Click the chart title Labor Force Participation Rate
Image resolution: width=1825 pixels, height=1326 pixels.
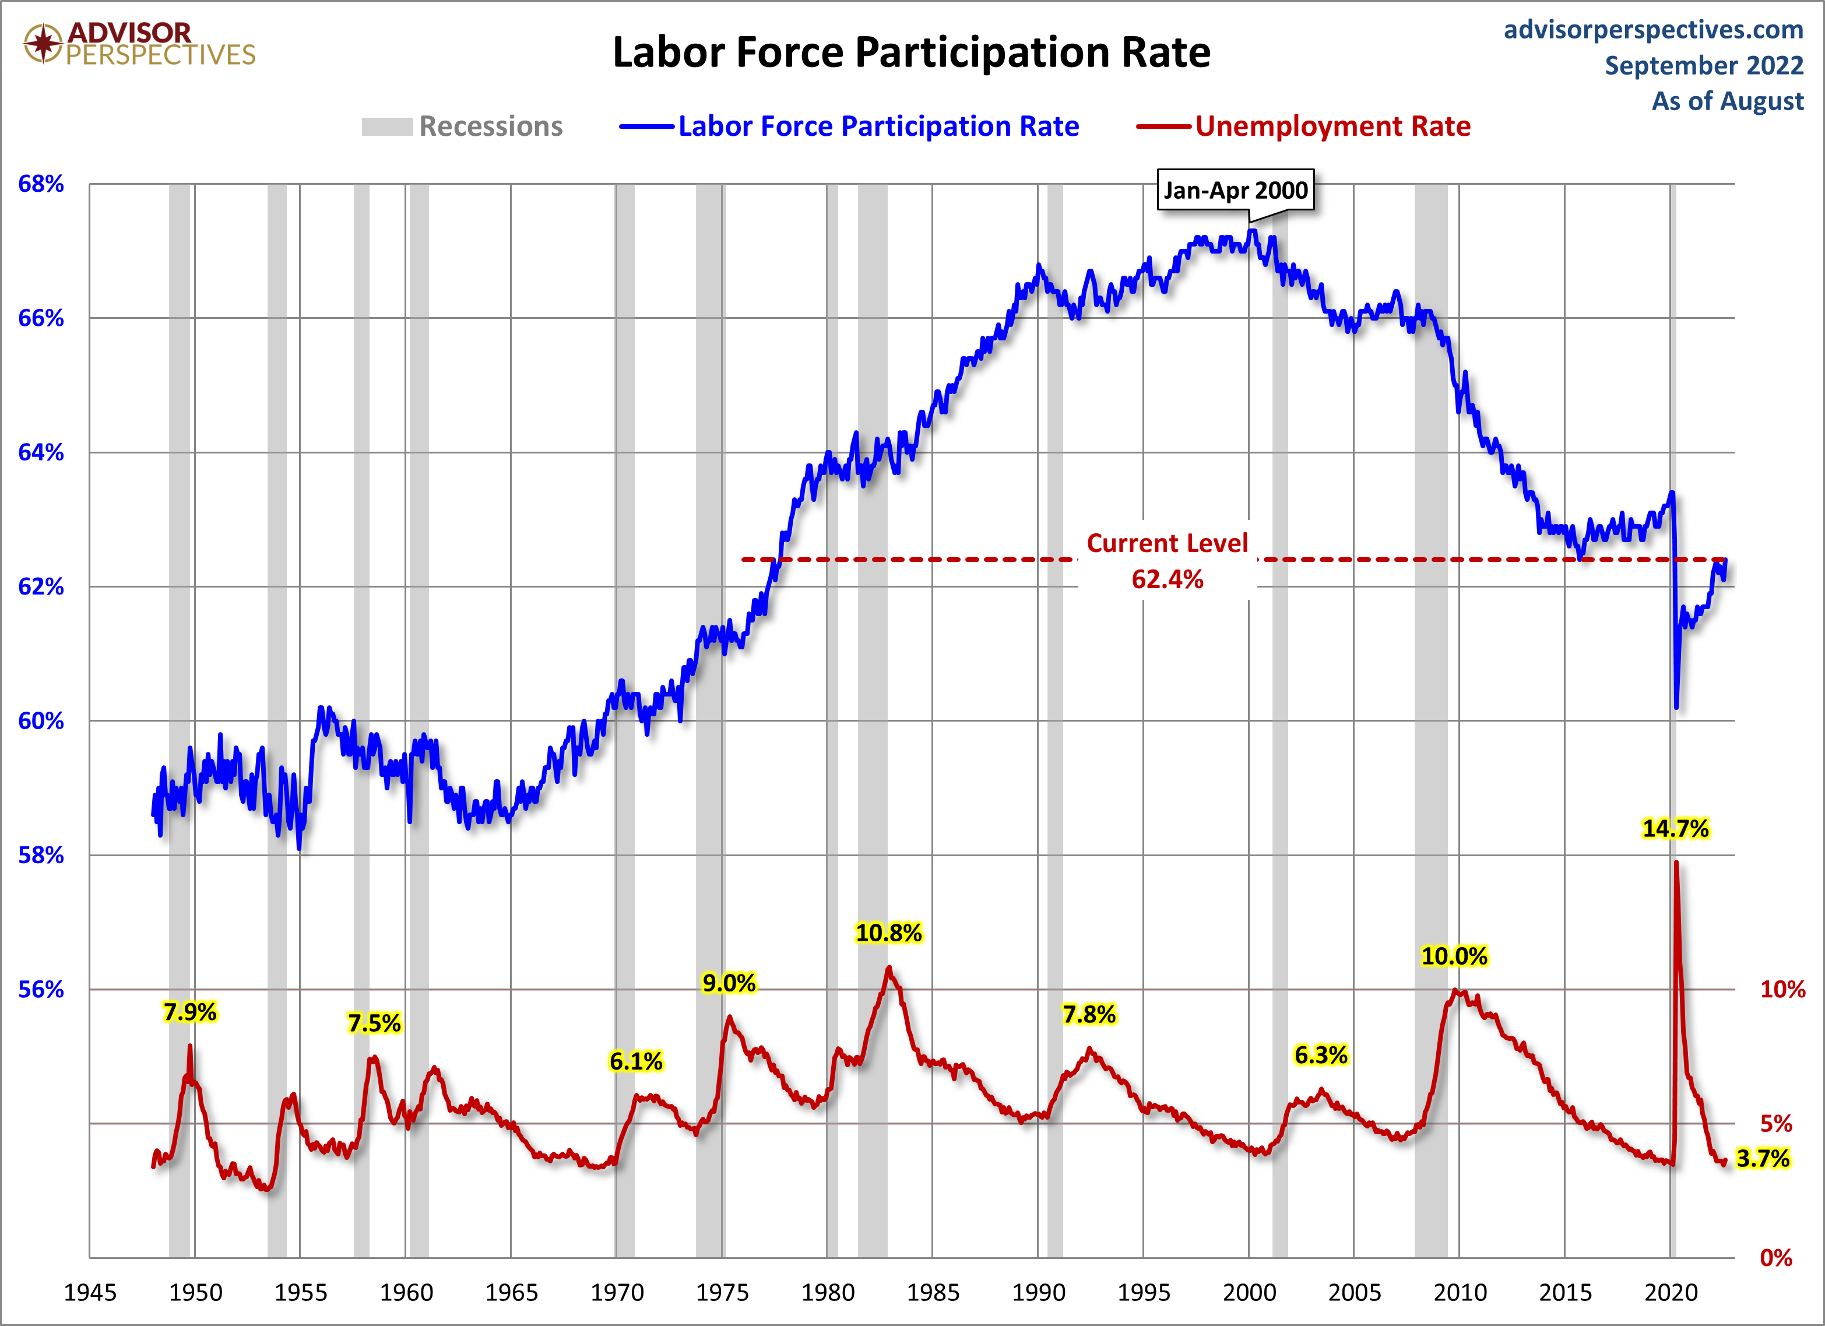point(911,53)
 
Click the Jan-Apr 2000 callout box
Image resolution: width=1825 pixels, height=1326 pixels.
point(1235,191)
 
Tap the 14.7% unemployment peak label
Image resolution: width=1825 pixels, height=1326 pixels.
point(1675,829)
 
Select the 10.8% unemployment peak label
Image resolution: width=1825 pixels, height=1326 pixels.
point(888,933)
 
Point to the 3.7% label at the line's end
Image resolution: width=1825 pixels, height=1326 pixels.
point(1762,1159)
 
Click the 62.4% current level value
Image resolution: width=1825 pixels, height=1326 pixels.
point(1167,579)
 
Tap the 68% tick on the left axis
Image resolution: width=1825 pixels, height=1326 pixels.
point(41,184)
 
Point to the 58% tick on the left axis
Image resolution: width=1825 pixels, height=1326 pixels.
point(41,855)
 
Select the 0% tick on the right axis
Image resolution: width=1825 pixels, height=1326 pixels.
point(1776,1258)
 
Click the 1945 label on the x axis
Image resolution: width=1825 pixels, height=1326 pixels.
point(90,1293)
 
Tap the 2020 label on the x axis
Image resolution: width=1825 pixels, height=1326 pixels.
point(1671,1293)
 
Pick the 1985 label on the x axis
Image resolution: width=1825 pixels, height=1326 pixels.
point(933,1293)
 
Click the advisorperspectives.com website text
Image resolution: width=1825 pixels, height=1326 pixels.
point(1654,30)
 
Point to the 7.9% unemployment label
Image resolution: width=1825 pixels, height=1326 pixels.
point(190,1012)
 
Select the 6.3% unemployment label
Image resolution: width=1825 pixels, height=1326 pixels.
point(1320,1055)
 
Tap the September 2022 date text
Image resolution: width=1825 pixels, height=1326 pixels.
point(1704,66)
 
